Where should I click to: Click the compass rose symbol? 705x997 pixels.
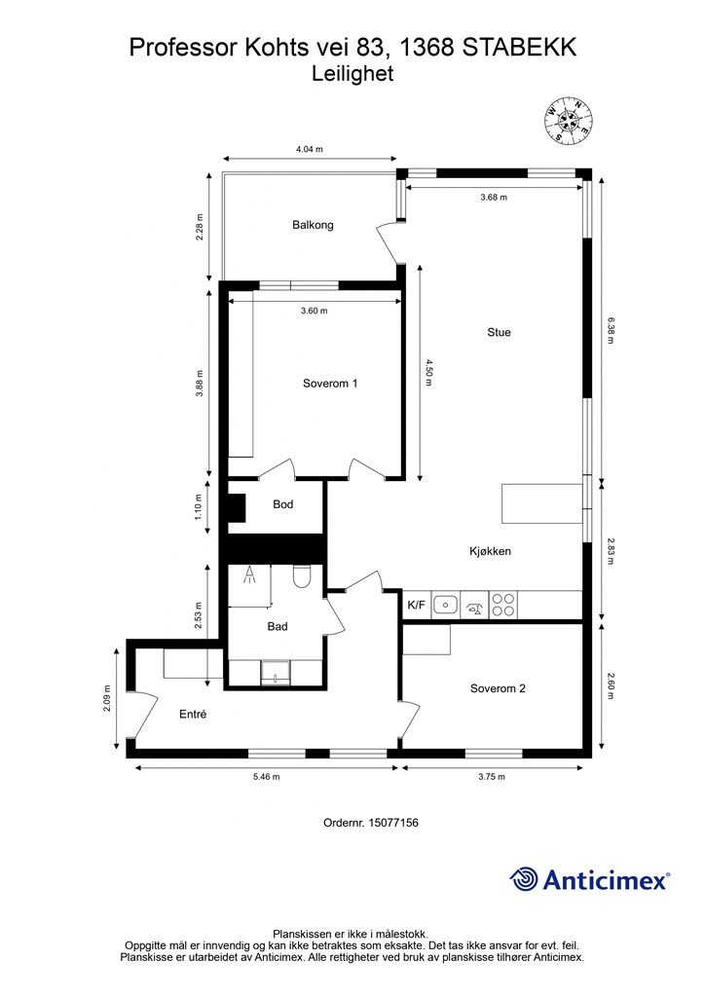[x=568, y=120]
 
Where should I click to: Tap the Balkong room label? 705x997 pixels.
[x=313, y=225]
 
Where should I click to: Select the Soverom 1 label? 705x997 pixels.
[x=330, y=384]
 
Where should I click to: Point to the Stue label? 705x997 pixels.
[x=499, y=332]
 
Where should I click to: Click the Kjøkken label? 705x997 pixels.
[x=490, y=551]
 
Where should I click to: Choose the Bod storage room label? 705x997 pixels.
[x=283, y=504]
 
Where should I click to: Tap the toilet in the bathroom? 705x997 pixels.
[x=301, y=576]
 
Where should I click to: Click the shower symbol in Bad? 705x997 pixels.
[x=250, y=574]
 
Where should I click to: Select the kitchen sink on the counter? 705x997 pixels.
[x=446, y=605]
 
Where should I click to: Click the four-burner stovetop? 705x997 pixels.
[x=502, y=604]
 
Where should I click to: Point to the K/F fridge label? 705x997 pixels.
[x=417, y=605]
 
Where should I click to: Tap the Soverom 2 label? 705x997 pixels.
[x=498, y=688]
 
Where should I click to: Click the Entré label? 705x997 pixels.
[x=193, y=714]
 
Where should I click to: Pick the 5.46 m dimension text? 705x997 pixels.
[x=268, y=776]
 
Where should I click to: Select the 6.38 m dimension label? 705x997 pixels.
[x=611, y=331]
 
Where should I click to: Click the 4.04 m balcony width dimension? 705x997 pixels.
[x=310, y=149]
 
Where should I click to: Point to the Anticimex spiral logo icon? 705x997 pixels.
[x=524, y=879]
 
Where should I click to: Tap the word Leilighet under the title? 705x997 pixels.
[x=352, y=74]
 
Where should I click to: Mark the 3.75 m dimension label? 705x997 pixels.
[x=492, y=776]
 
